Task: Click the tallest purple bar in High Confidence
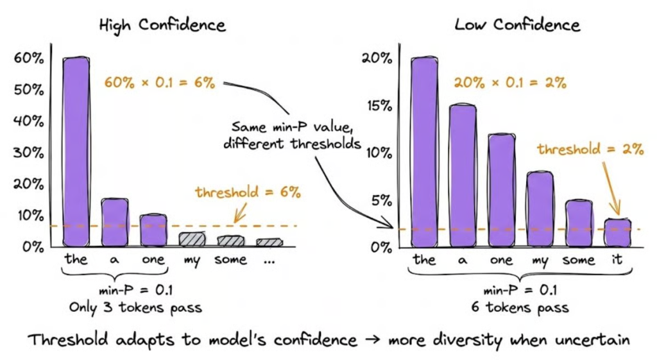point(76,151)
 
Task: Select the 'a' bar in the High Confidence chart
point(115,222)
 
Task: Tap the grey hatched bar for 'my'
point(191,239)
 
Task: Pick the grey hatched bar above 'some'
point(230,241)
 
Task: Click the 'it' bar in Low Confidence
point(617,233)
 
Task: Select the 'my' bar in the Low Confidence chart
point(539,209)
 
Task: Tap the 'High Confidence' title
point(162,25)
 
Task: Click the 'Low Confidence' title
point(517,25)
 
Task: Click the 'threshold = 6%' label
point(248,192)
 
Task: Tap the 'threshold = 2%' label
point(590,149)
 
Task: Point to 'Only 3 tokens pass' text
point(135,307)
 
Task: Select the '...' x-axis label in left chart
point(269,260)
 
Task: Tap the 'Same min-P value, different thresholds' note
point(292,135)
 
